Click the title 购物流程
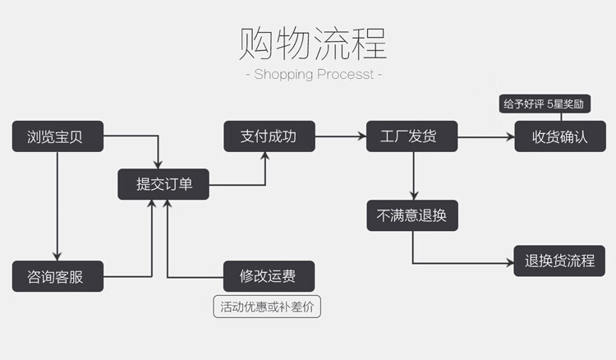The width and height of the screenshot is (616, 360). point(313,43)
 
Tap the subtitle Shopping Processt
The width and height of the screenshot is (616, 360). point(313,74)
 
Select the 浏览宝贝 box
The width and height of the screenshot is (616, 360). point(57,136)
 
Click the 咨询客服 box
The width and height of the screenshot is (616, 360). point(57,276)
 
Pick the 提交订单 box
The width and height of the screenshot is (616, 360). point(162,184)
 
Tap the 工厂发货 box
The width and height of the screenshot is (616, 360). point(411,136)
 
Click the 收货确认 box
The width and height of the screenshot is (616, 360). point(561,136)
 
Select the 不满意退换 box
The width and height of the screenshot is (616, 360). point(411,215)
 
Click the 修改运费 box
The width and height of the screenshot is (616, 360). point(269,276)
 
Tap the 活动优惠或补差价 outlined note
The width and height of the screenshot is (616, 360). point(268,307)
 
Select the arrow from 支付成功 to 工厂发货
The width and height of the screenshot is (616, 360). point(342,136)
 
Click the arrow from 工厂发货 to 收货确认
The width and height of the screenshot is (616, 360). point(485,136)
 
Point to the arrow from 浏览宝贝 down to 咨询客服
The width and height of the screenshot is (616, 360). point(57,205)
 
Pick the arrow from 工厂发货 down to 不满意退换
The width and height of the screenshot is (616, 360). point(413,175)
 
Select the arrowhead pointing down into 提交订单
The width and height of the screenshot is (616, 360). point(159,164)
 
